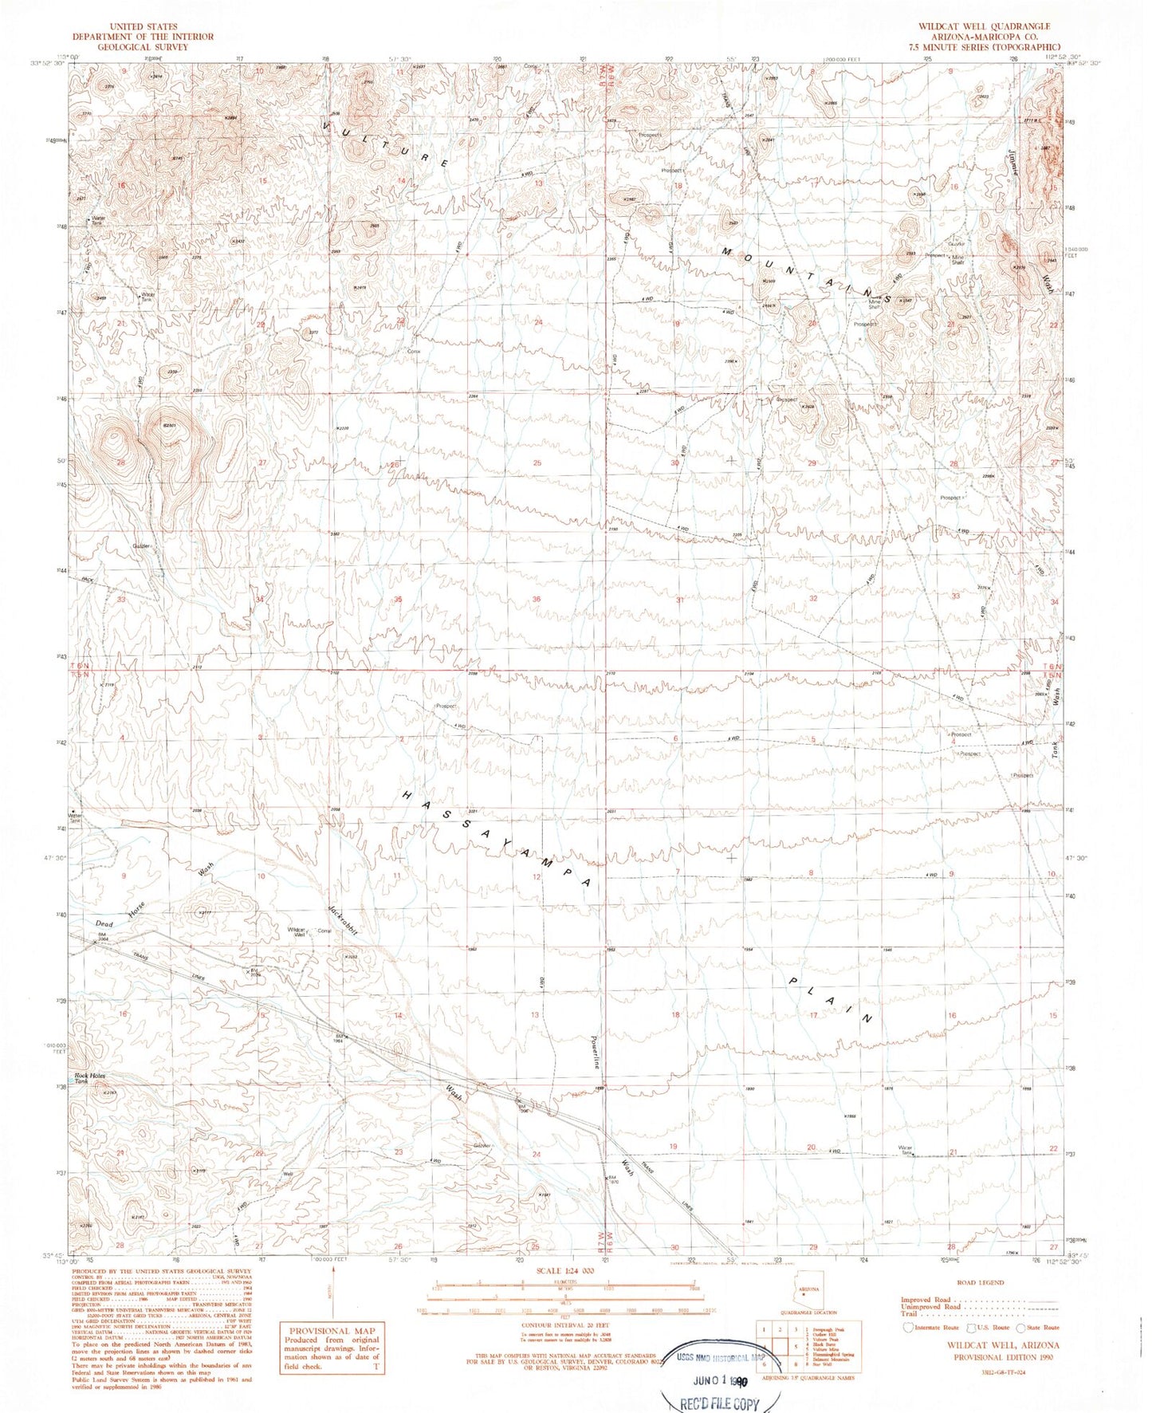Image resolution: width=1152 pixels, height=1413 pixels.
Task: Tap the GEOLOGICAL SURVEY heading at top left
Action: tap(143, 47)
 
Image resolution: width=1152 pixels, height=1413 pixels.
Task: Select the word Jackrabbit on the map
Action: tap(343, 921)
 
